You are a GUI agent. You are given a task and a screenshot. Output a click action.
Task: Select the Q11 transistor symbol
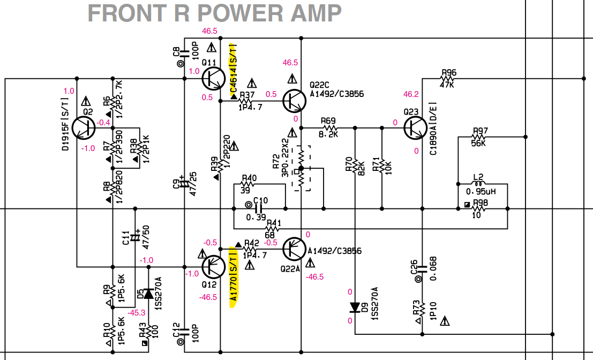pos(214,79)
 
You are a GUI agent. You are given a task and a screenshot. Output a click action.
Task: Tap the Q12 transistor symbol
pos(214,267)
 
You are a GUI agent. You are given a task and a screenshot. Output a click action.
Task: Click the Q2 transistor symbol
pos(83,128)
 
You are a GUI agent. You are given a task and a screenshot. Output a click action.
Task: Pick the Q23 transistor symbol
pos(416,128)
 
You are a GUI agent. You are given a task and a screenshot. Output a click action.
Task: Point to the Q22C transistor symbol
pos(295,101)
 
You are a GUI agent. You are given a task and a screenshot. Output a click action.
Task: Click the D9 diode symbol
pos(355,307)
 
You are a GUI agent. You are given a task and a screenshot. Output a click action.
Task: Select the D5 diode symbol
pos(148,294)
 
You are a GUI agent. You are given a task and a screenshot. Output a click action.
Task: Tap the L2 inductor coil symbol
pos(478,183)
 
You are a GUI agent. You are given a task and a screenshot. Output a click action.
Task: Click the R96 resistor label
pos(449,72)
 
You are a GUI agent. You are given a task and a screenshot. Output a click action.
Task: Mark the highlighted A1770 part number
pos(234,277)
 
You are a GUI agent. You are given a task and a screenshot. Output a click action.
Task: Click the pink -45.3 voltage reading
pos(137,313)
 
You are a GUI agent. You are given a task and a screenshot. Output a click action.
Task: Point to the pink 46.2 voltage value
pos(411,94)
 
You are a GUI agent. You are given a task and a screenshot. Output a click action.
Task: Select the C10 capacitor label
pos(260,200)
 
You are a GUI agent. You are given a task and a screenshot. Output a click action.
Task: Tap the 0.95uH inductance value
pos(481,192)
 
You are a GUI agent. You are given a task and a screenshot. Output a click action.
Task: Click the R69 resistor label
pos(328,121)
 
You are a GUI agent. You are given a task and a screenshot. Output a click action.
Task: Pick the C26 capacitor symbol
pos(422,269)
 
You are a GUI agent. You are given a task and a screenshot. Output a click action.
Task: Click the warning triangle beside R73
pos(445,321)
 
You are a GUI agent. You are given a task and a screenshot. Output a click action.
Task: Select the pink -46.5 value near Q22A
pos(314,277)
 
